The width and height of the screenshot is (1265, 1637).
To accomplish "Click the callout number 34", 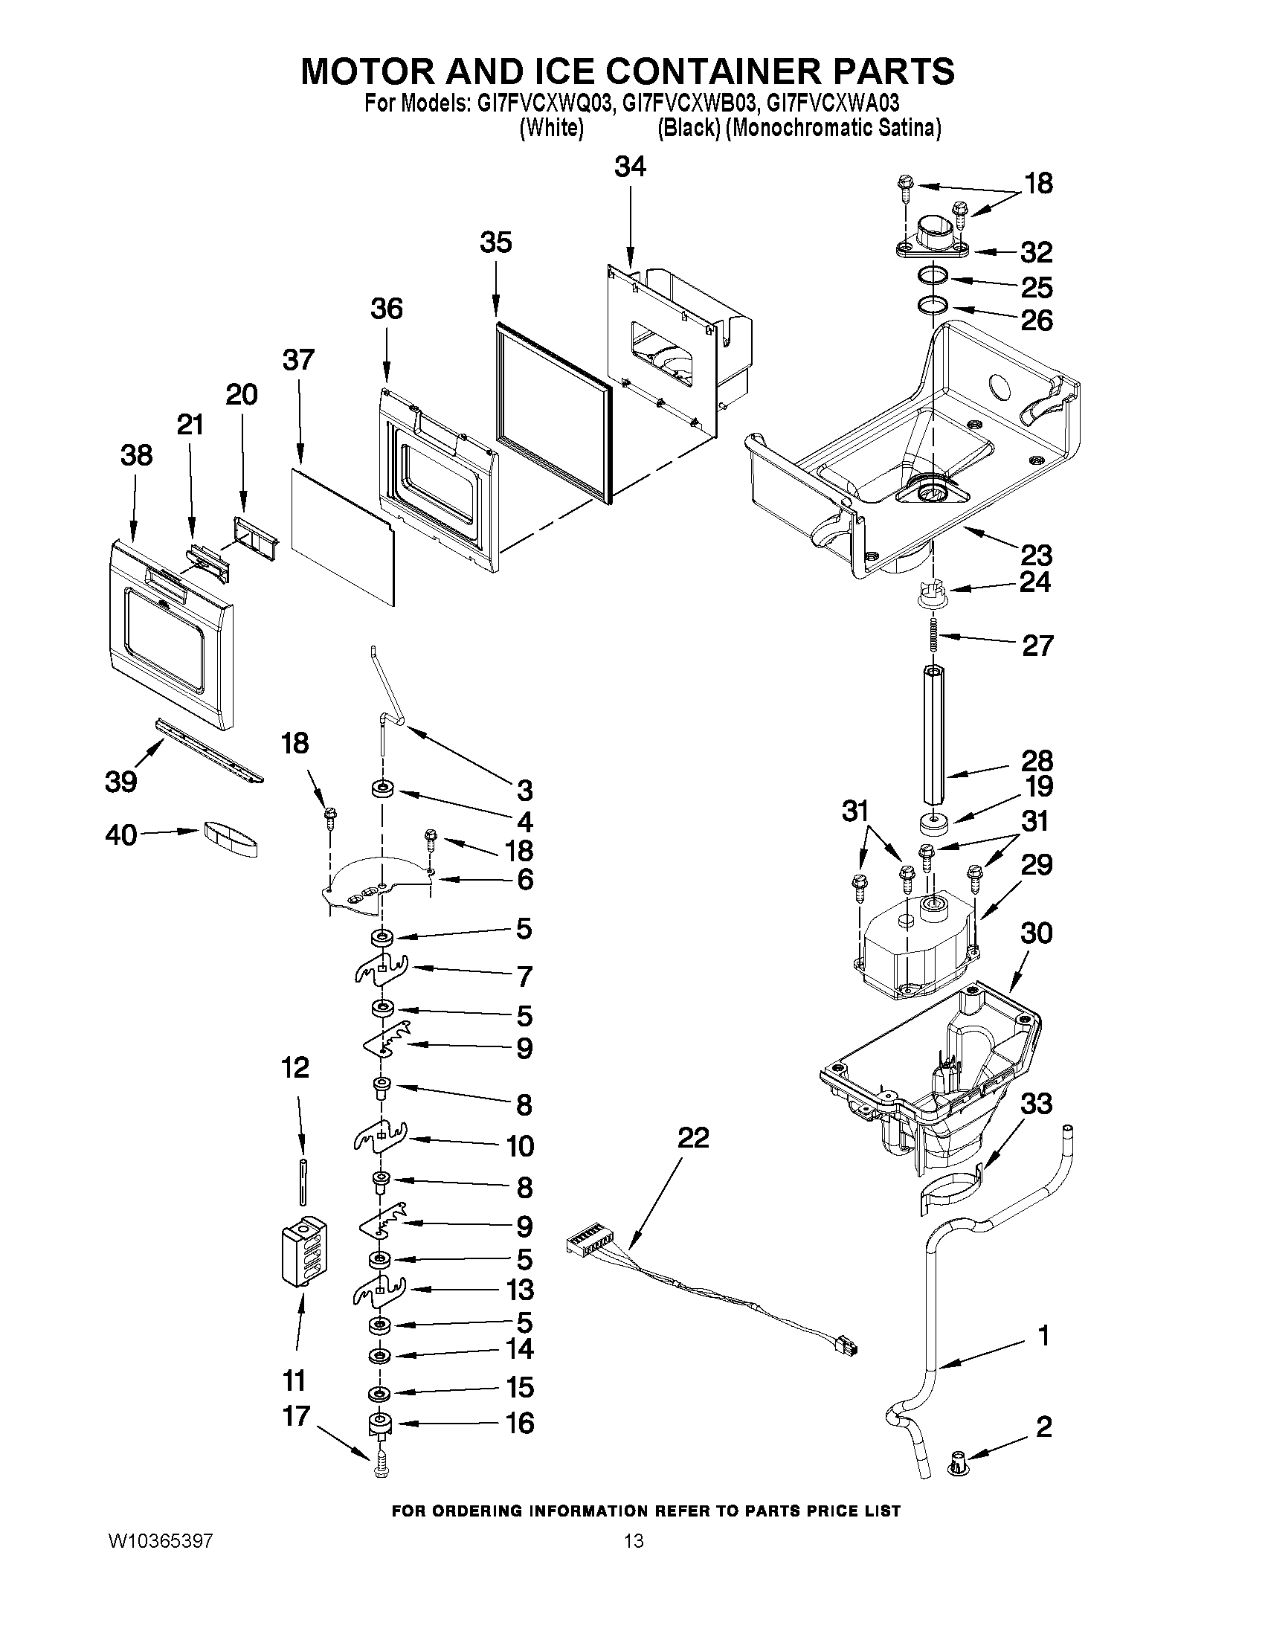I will tap(629, 167).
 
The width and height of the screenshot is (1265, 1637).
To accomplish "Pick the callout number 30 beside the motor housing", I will tap(1037, 934).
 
